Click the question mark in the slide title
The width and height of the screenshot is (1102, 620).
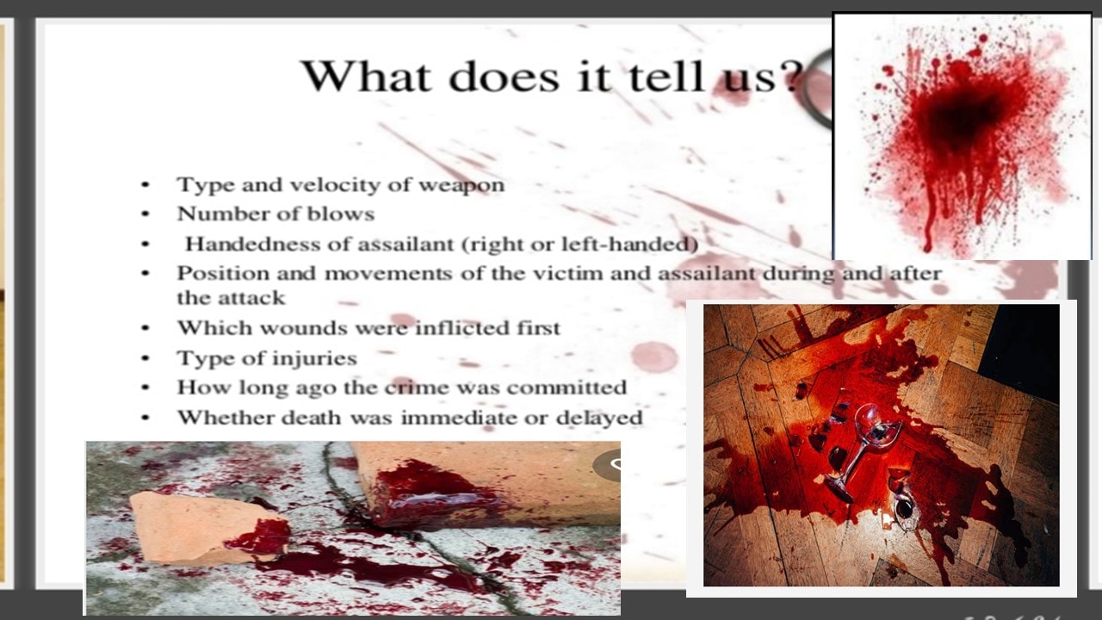pos(790,76)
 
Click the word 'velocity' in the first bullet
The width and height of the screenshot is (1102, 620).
pos(335,185)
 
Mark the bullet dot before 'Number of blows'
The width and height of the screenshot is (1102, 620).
pos(145,214)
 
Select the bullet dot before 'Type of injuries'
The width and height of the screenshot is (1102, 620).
pos(145,358)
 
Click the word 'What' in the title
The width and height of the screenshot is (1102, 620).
pos(367,76)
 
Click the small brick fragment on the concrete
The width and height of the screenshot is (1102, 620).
pos(207,528)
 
